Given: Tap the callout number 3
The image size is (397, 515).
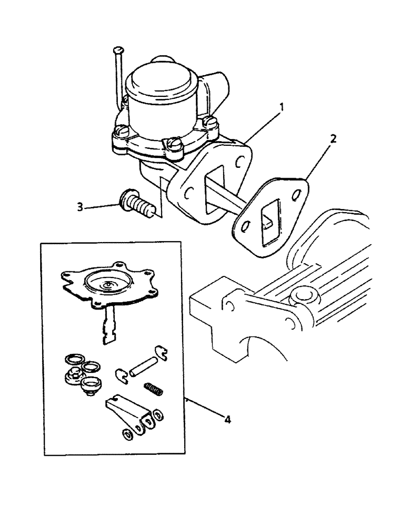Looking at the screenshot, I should (x=80, y=207).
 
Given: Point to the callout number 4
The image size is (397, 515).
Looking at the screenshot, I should (x=227, y=420).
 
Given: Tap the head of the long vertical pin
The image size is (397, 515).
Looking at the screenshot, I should (x=118, y=50).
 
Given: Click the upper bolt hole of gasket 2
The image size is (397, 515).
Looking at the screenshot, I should (x=296, y=195).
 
